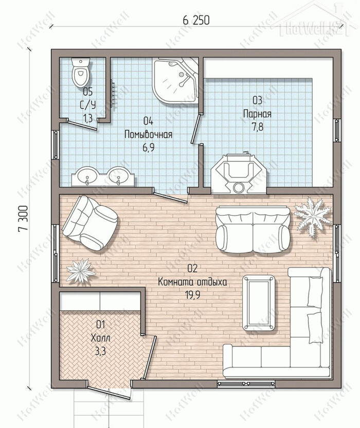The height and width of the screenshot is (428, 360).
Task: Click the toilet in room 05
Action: coord(81,72)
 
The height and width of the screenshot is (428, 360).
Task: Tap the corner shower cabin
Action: coord(175,81)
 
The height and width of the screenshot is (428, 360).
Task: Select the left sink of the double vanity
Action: coord(87,175)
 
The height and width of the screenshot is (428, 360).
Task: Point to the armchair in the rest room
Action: coord(90,224)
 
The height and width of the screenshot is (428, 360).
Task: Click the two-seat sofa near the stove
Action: coord(253,229)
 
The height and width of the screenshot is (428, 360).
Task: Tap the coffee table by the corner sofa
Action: coord(259,302)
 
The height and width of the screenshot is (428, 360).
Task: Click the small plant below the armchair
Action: coord(81,270)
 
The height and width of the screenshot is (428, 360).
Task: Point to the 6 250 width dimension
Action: coord(196,21)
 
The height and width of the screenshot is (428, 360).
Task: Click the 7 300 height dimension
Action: coord(24,219)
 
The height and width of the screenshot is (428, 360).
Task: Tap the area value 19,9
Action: coord(193,295)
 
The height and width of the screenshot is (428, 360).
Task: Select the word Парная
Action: coord(257,114)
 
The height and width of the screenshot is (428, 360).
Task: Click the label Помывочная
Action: coord(148,134)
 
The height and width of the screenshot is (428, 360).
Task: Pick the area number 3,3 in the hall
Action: coord(100,351)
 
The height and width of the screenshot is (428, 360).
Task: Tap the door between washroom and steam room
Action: coord(196,128)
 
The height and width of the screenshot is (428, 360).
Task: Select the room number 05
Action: coord(87,92)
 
